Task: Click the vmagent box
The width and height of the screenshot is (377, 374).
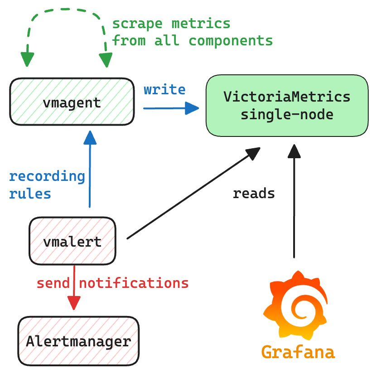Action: [x=72, y=102]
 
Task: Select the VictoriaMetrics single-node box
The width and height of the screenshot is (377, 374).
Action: [x=287, y=106]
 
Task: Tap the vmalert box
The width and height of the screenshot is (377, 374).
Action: [x=72, y=241]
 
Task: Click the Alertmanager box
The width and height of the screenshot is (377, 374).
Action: [x=78, y=341]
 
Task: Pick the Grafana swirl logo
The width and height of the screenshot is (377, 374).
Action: [x=295, y=306]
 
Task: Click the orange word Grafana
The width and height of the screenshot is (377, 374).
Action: [x=298, y=352]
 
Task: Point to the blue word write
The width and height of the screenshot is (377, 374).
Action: [x=164, y=89]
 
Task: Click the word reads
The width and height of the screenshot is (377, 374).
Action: [x=254, y=194]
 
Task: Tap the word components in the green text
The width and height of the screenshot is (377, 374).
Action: [x=231, y=40]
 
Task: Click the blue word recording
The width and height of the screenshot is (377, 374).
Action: [x=47, y=176]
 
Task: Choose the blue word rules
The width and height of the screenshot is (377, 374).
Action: [x=30, y=194]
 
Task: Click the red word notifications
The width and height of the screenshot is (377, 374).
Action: [x=134, y=283]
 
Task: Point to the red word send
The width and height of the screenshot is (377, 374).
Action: [x=53, y=283]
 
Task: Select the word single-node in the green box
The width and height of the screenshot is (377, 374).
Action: [x=287, y=114]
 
